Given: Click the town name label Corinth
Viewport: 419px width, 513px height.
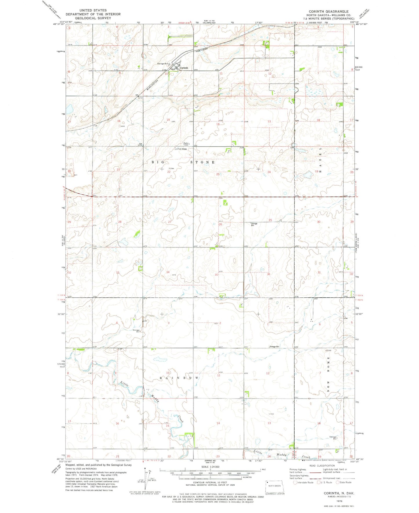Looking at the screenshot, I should coord(184,68).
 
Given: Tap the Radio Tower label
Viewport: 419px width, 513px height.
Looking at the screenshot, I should coord(186,144).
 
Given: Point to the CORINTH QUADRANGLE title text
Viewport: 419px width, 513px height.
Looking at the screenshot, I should coord(329,12).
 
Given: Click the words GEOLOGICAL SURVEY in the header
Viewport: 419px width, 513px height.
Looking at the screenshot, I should coord(93,18).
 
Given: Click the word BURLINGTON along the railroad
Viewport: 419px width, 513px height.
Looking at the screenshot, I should coord(152,85).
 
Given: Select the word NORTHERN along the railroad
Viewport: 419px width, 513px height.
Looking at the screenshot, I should coord(202,50).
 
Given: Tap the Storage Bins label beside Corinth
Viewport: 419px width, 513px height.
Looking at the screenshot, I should coord(163,63).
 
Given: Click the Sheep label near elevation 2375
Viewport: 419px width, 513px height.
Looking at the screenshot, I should coord(184,149).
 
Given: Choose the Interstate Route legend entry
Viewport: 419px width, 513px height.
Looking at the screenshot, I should coord(305,482).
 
